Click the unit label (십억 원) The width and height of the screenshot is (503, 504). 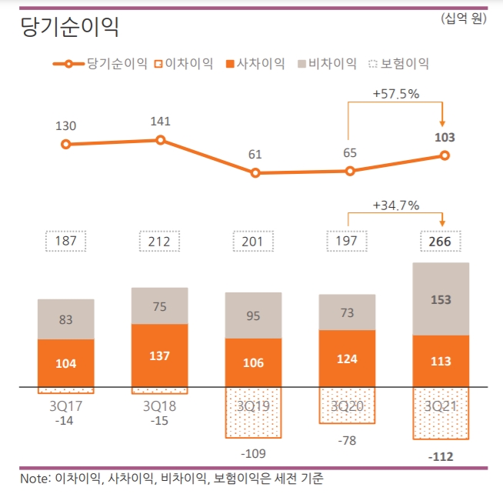(x=464, y=18)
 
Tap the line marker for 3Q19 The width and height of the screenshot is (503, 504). (x=255, y=173)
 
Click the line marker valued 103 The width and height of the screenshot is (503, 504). (x=445, y=155)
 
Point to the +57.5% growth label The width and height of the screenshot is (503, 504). (x=395, y=94)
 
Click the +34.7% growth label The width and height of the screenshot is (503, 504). (x=395, y=205)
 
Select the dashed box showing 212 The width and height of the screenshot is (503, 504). (x=160, y=242)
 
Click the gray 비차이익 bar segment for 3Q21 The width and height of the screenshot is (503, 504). (x=441, y=299)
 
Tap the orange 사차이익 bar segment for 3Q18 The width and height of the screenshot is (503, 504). (x=160, y=355)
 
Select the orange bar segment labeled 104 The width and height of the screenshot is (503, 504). (x=66, y=362)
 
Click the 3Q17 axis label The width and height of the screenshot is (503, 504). (x=66, y=405)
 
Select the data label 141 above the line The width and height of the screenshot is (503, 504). (x=160, y=121)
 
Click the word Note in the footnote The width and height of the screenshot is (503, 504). (x=35, y=479)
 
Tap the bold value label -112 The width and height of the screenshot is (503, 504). (x=441, y=457)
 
